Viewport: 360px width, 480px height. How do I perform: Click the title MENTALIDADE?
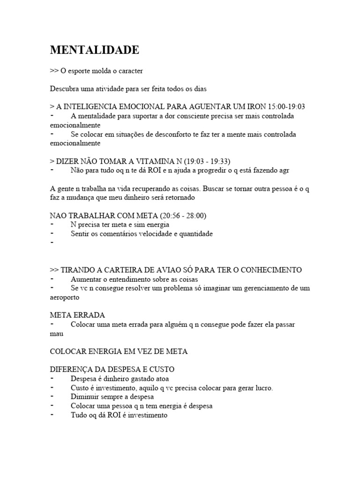click(x=94, y=50)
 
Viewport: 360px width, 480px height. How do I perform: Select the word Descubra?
click(x=64, y=88)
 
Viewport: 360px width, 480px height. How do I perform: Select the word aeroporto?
click(x=65, y=297)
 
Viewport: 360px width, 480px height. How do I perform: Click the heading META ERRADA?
click(x=78, y=315)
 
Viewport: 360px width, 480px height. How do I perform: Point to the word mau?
click(x=56, y=334)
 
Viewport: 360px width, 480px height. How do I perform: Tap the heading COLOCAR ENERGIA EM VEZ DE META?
click(x=119, y=352)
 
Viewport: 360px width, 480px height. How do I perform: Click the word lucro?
click(x=262, y=388)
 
